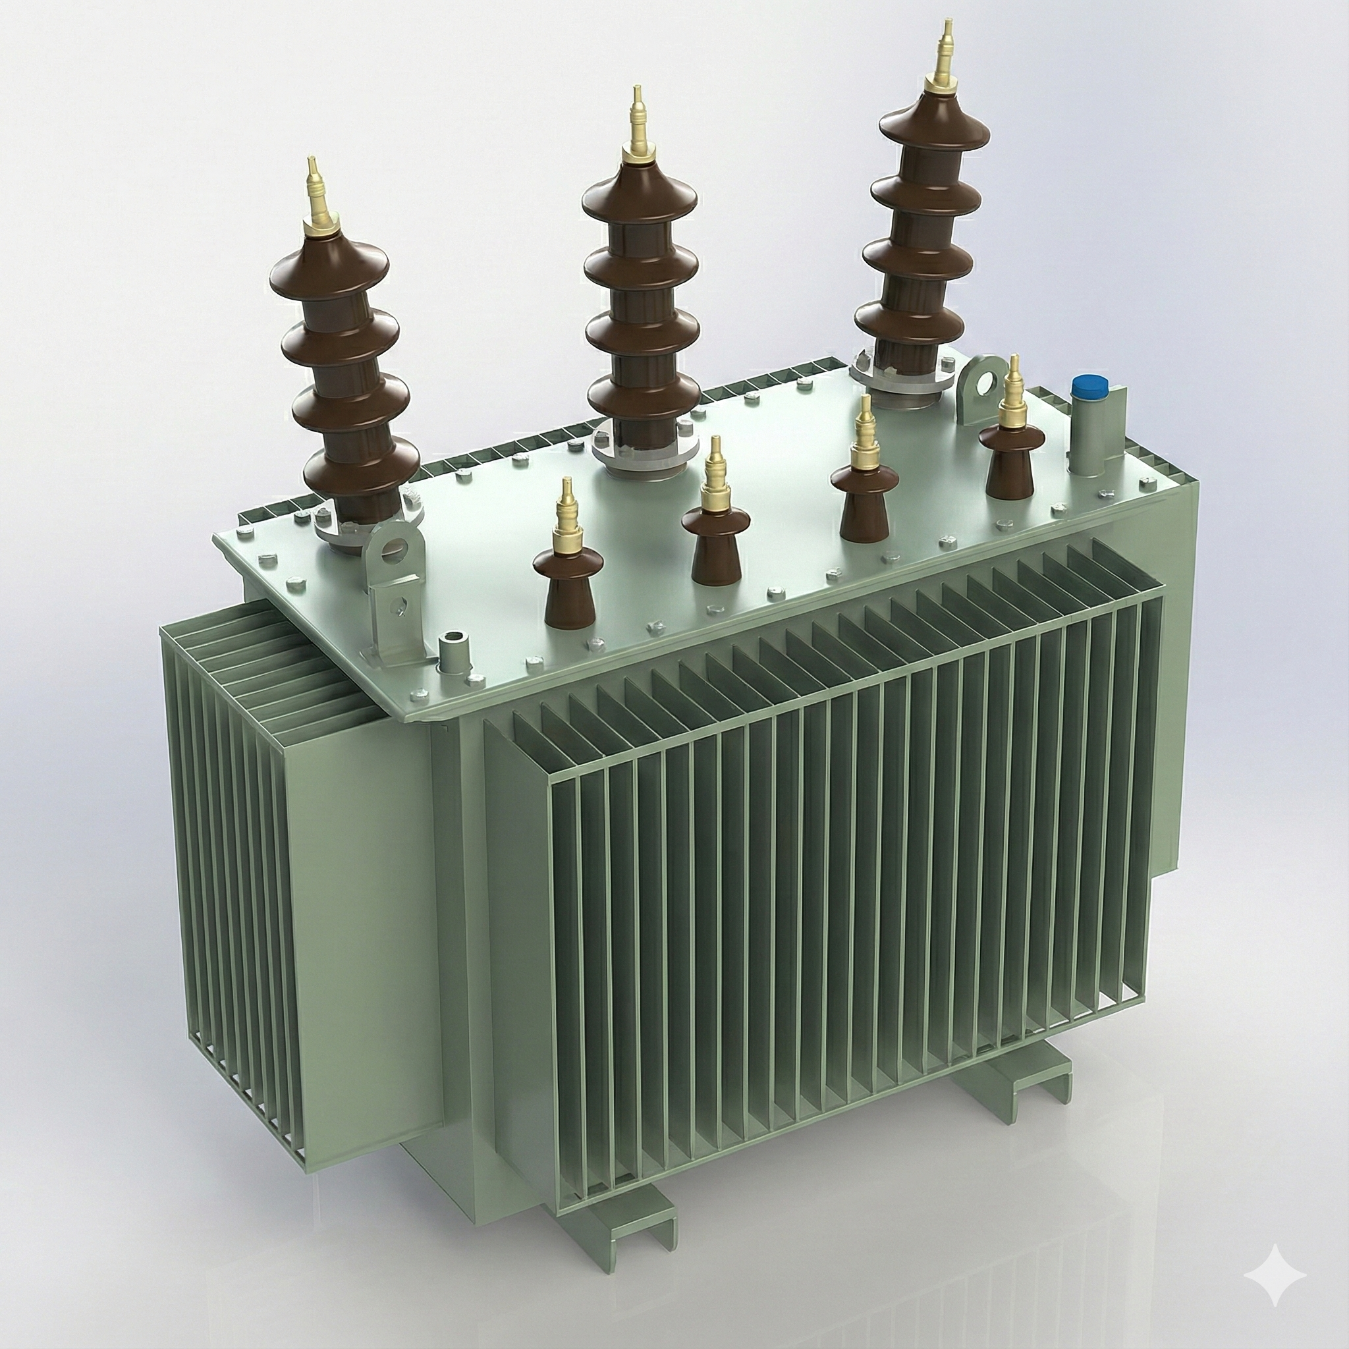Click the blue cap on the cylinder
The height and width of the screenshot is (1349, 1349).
(x=1087, y=386)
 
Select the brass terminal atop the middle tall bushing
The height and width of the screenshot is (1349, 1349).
(x=637, y=128)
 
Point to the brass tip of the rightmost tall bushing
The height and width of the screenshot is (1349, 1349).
(x=947, y=59)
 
